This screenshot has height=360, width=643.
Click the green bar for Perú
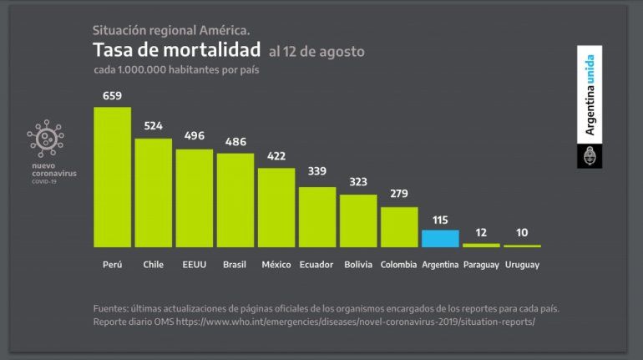(112, 176)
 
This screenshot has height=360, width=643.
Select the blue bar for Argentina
(440, 238)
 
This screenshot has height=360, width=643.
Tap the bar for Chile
(153, 192)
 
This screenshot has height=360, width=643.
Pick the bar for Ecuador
(317, 216)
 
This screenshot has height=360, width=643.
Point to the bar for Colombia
(399, 226)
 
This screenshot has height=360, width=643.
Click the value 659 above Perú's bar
(112, 96)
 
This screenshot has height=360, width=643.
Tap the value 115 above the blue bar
(440, 220)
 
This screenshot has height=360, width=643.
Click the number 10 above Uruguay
(522, 233)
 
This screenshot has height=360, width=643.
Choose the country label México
(276, 265)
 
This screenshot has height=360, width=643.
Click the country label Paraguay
(481, 265)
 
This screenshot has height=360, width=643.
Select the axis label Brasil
(235, 265)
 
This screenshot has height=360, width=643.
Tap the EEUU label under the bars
(194, 265)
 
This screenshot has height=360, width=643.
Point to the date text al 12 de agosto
(316, 52)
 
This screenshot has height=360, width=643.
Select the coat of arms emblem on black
(590, 155)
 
